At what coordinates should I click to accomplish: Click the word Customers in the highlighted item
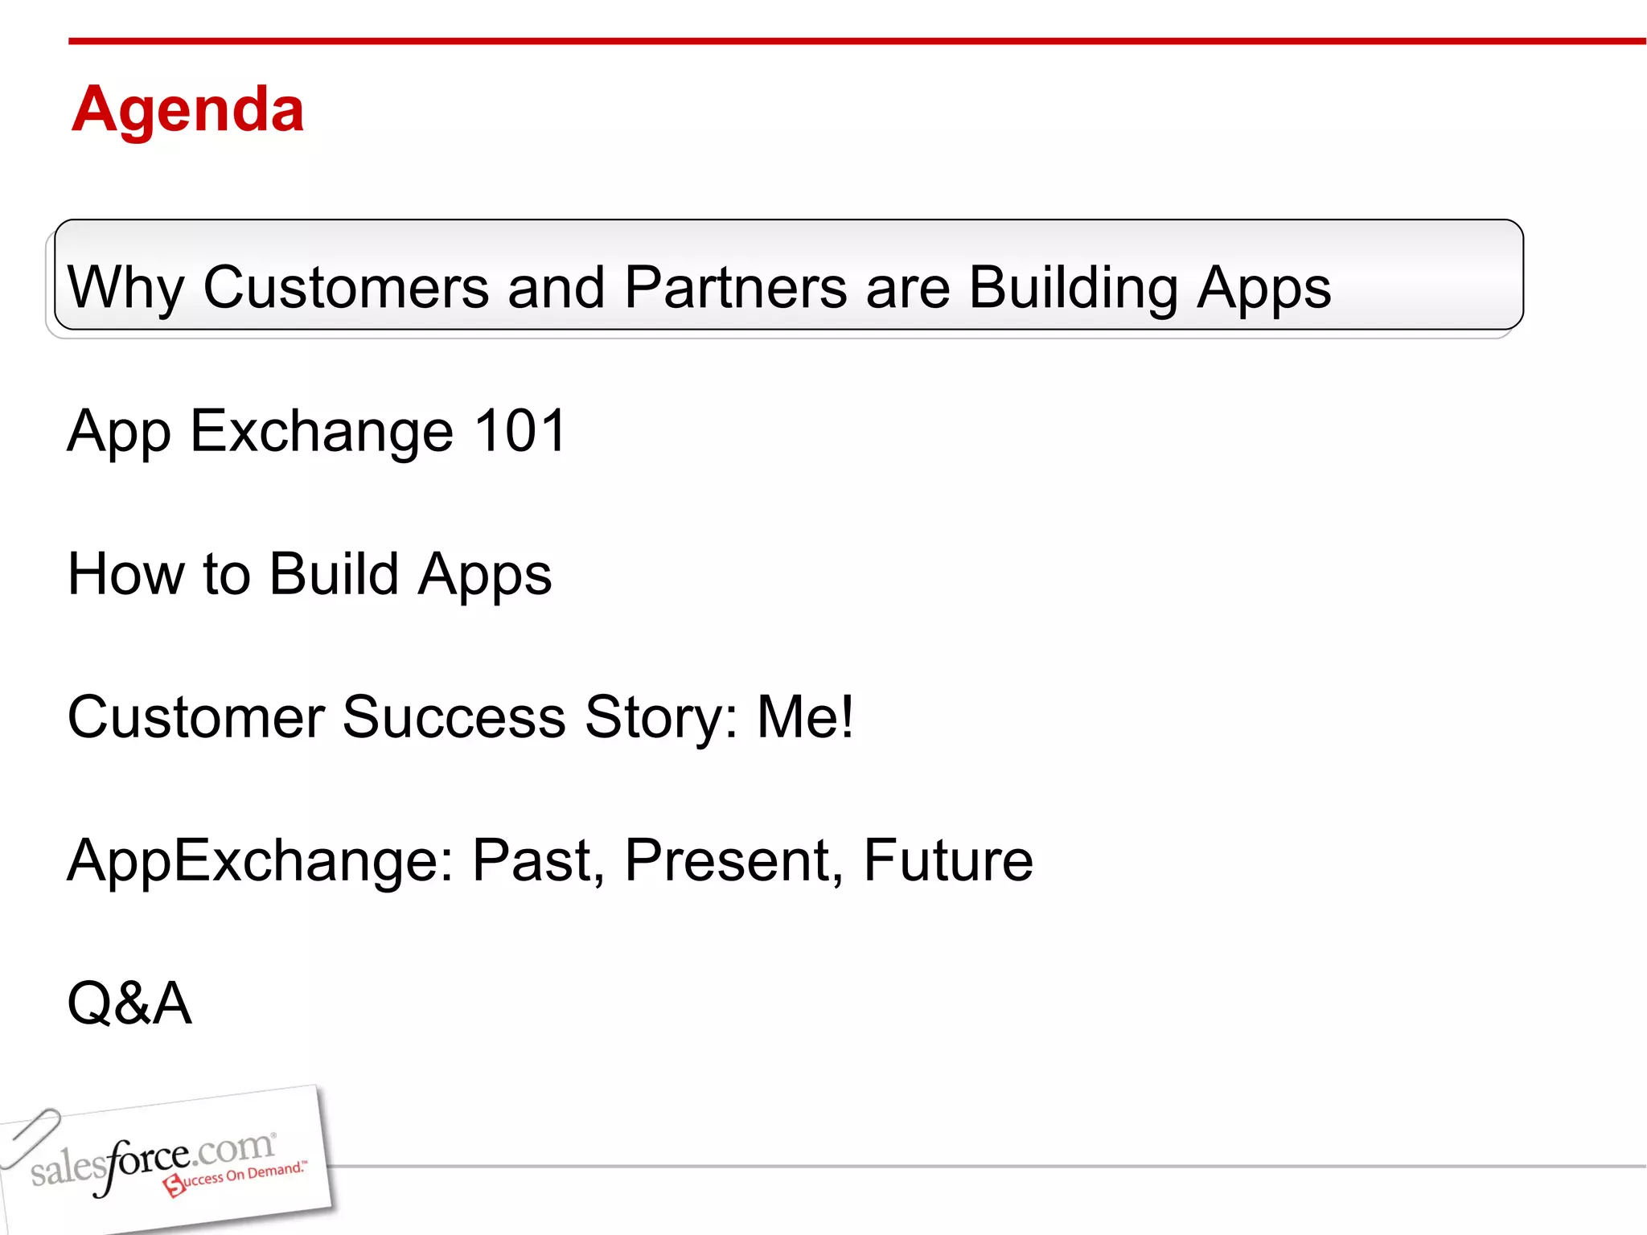(x=346, y=287)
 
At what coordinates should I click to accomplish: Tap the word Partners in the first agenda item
(x=735, y=287)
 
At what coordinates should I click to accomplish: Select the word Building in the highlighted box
(x=1073, y=287)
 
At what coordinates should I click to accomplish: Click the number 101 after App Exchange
(x=520, y=431)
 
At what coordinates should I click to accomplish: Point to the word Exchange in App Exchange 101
(x=322, y=431)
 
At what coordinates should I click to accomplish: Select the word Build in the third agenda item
(x=333, y=574)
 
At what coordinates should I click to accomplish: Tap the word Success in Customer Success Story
(x=454, y=717)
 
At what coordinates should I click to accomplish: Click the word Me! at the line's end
(x=805, y=717)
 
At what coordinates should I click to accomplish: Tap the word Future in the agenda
(x=947, y=860)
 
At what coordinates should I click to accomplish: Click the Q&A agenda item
(x=129, y=1003)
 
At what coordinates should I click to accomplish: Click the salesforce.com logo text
(x=153, y=1162)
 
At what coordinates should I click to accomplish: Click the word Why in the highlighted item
(x=125, y=287)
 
